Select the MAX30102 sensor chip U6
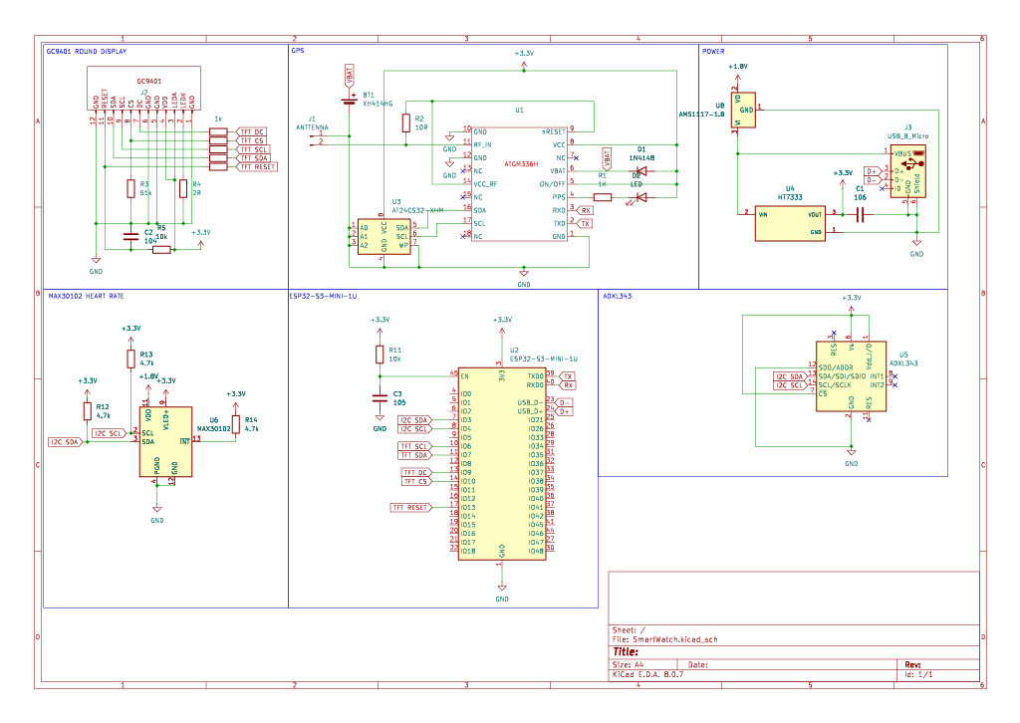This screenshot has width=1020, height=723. [x=165, y=441]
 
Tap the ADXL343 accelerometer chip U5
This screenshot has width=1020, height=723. [x=851, y=377]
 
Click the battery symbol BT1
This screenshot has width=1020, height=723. [x=349, y=98]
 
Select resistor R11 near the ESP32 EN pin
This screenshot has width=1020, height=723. [x=380, y=355]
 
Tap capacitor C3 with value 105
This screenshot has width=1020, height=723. [x=380, y=398]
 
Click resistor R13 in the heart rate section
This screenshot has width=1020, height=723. [x=130, y=359]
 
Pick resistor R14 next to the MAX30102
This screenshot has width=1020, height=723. [x=235, y=425]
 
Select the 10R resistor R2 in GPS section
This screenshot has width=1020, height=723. [x=405, y=123]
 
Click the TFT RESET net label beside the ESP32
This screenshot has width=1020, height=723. [x=410, y=507]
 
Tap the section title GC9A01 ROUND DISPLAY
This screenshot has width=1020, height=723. [x=87, y=50]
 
